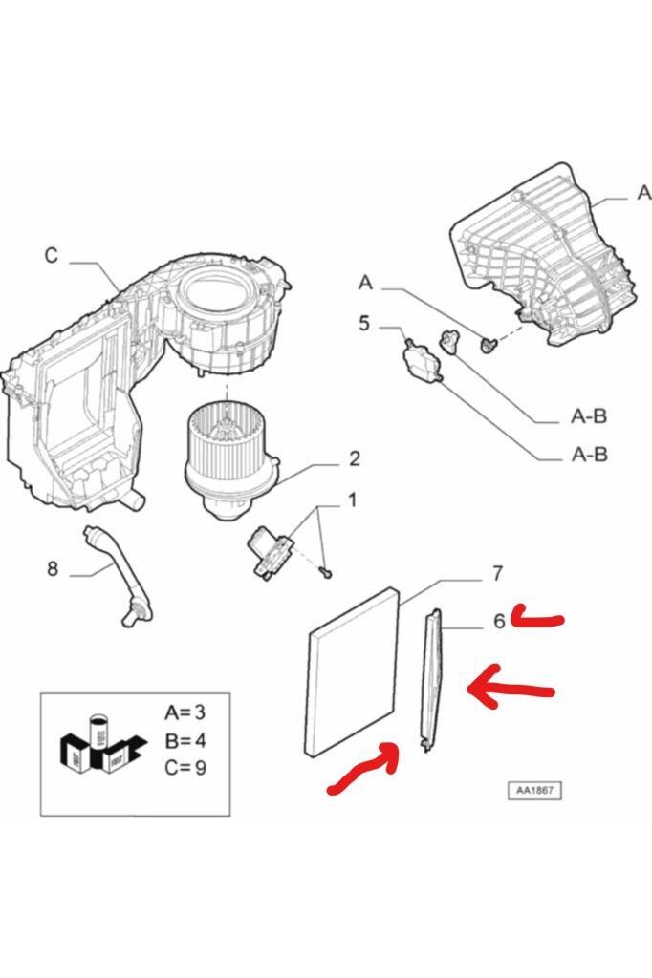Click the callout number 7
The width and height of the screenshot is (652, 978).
click(x=497, y=573)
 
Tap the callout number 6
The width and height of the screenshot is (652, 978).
click(x=499, y=621)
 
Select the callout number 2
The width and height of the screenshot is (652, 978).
click(x=354, y=459)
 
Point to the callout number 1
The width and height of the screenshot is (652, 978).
click(x=352, y=500)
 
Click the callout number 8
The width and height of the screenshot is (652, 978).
click(x=53, y=568)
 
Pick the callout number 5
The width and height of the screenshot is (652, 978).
click(x=364, y=324)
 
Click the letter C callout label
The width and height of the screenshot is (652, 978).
click(x=52, y=256)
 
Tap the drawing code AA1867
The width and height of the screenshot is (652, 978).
click(x=534, y=790)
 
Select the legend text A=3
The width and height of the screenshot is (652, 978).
click(x=185, y=712)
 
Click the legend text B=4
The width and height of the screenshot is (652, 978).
click(x=185, y=740)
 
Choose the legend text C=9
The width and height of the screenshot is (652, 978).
click(x=185, y=767)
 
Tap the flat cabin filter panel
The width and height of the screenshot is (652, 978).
click(x=353, y=670)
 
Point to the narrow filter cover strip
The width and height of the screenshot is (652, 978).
click(x=433, y=680)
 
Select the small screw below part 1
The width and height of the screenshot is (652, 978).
click(x=325, y=572)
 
